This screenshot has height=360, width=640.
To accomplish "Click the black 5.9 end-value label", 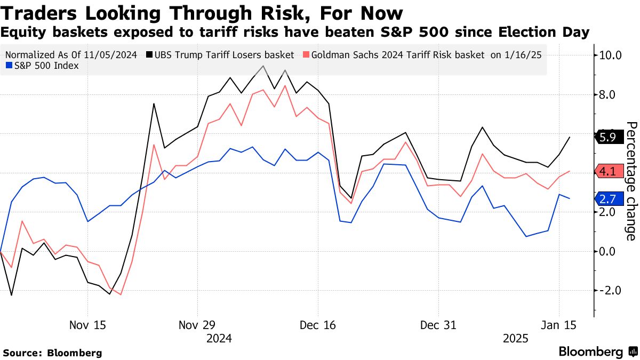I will point(607,137).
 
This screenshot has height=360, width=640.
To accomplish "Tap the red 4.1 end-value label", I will point(607,172).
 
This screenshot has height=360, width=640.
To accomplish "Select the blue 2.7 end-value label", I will point(607,198).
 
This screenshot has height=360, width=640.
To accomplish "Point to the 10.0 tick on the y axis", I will point(611,55).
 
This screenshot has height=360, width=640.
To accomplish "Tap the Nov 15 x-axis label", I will point(87,325).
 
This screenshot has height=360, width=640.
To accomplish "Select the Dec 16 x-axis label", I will point(318,325).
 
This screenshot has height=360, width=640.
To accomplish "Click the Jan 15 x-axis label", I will point(559,325).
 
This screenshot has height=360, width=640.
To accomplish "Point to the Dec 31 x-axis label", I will point(438,325).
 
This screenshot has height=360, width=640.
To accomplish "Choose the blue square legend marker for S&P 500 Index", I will point(8,66).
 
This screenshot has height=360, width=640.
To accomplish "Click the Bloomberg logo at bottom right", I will point(597,352).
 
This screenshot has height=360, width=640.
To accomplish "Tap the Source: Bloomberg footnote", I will point(52,353).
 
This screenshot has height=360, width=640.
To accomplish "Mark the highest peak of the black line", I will point(263,66).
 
